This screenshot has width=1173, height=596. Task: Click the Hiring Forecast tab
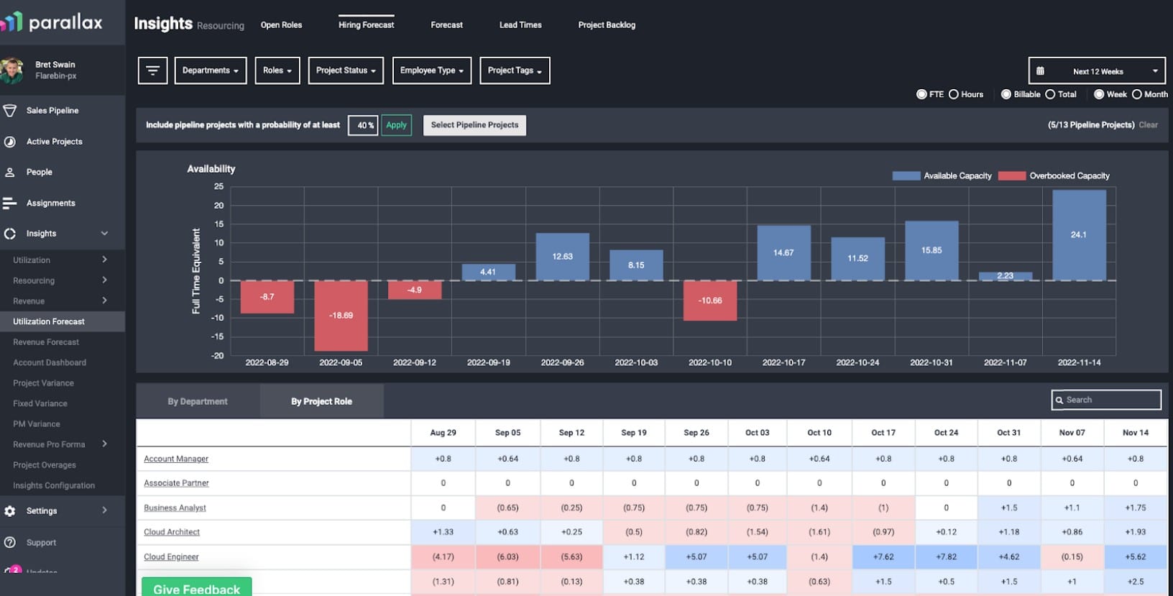pyautogui.click(x=366, y=24)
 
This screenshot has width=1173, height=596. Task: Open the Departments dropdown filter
pyautogui.click(x=210, y=70)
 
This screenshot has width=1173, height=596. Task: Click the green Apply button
pyautogui.click(x=396, y=125)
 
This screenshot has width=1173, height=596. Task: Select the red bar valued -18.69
pyautogui.click(x=341, y=315)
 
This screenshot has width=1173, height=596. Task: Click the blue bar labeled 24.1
pyautogui.click(x=1079, y=235)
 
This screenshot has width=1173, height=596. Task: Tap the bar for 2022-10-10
pyautogui.click(x=710, y=300)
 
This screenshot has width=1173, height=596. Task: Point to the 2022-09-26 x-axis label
pyautogui.click(x=562, y=362)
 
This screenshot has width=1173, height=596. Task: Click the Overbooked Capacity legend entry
pyautogui.click(x=1054, y=175)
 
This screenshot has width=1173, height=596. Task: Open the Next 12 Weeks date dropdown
pyautogui.click(x=1097, y=71)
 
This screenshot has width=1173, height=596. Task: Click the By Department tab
pyautogui.click(x=198, y=401)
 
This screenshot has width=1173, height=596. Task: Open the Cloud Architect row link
pyautogui.click(x=172, y=532)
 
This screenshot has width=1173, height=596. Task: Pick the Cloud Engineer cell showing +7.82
pyautogui.click(x=946, y=556)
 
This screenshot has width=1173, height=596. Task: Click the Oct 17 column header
pyautogui.click(x=883, y=432)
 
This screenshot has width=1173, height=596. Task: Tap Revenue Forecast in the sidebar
pyautogui.click(x=46, y=342)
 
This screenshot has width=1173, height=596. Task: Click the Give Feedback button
pyautogui.click(x=196, y=587)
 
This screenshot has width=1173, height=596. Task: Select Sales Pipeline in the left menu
pyautogui.click(x=52, y=111)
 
